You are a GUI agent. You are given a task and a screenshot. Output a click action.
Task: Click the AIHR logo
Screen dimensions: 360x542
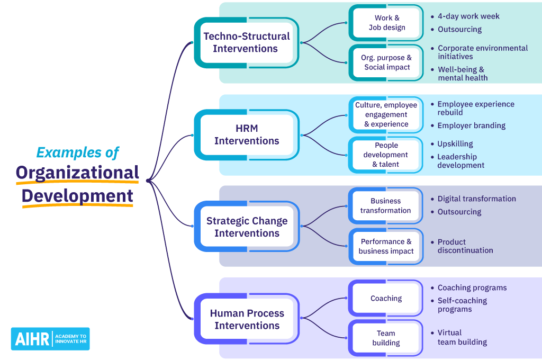click(50, 339)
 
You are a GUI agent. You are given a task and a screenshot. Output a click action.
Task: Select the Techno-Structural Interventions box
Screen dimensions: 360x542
click(247, 42)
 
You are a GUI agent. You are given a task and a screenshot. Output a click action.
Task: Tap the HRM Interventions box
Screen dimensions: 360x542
click(247, 134)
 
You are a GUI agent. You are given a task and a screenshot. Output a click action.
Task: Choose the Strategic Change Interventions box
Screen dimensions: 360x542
click(247, 227)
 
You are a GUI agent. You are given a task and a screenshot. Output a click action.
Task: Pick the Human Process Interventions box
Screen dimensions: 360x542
click(247, 319)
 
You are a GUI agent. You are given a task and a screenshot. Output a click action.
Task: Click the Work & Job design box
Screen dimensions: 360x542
click(386, 23)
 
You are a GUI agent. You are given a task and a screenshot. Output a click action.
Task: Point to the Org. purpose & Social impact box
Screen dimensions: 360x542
click(387, 62)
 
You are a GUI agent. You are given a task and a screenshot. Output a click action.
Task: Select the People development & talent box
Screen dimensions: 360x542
click(386, 155)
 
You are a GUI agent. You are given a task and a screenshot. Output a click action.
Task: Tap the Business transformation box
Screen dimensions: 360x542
click(385, 205)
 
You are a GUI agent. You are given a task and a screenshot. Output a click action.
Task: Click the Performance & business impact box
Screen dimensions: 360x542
click(386, 246)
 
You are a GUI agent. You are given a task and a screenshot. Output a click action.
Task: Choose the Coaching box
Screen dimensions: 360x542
click(386, 298)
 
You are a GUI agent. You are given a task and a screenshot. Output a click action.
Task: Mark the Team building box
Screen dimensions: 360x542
click(386, 338)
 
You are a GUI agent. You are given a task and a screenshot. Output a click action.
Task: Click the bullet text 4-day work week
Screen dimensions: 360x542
click(468, 16)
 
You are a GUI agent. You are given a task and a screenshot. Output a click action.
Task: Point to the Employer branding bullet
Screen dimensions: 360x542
click(471, 125)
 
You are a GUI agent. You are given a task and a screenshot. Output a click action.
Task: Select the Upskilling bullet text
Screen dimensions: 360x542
click(455, 143)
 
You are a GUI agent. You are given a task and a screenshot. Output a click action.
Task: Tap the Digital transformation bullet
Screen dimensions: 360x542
click(476, 199)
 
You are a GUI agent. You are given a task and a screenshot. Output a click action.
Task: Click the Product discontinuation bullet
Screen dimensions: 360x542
click(465, 246)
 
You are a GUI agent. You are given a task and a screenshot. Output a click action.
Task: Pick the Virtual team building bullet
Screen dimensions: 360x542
click(462, 337)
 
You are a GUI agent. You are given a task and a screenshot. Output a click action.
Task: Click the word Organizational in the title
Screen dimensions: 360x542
click(77, 173)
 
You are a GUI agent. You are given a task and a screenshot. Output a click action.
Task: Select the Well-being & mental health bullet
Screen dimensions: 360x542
click(462, 74)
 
